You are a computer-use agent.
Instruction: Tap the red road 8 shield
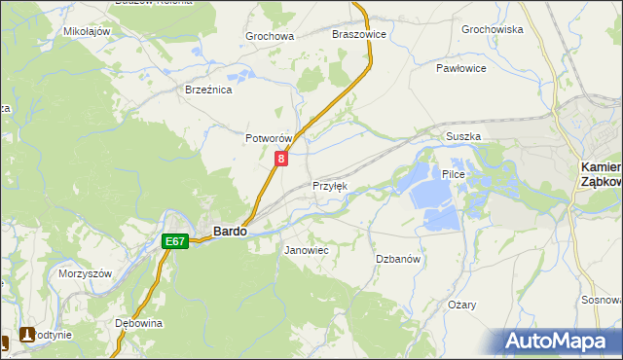tap(281, 158)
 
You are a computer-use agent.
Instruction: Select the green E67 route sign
tap(175, 240)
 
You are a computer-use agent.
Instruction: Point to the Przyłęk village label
tap(329, 186)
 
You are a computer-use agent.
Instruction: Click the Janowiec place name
tap(306, 250)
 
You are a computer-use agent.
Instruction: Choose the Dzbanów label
tap(397, 259)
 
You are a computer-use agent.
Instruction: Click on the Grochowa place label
tap(270, 37)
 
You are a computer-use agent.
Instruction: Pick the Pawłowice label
tap(460, 69)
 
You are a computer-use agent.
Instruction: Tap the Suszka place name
tap(463, 137)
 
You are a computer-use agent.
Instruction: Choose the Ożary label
tap(462, 305)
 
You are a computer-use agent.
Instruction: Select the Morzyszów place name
tap(86, 273)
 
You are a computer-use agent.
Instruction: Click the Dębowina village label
tap(137, 323)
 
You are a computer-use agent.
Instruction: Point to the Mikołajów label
tap(87, 31)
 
